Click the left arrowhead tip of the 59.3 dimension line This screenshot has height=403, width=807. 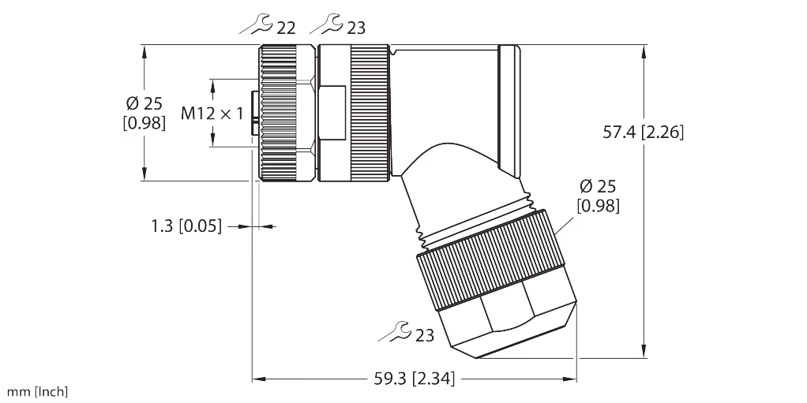pos(252,379)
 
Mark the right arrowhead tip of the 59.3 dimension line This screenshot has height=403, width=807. pos(576,379)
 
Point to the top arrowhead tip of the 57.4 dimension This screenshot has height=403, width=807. pos(644,45)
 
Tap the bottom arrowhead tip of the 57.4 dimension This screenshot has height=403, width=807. pos(644,358)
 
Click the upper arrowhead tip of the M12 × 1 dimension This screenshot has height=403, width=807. pos(213,79)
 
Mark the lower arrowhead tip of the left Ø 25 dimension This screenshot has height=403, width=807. pos(145,181)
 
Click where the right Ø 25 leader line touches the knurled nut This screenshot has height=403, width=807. pos(556,236)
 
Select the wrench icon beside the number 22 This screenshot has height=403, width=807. pos(257,24)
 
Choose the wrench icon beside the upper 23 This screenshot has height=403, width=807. pos(326,24)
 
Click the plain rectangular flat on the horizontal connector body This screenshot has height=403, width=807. pos(332,113)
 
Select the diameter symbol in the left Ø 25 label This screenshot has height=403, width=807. pos(133,104)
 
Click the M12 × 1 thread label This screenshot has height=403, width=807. pos(212,113)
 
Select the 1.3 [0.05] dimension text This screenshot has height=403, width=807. pos(187,226)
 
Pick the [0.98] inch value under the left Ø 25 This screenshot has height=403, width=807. pos(145,123)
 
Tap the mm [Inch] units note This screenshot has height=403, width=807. pos(37,392)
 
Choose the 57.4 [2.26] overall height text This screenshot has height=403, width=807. pos(644,132)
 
